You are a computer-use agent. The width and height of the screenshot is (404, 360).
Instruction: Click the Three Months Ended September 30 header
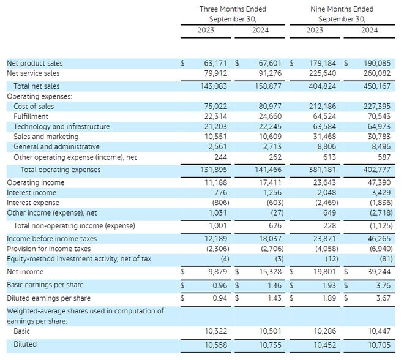click(x=233, y=14)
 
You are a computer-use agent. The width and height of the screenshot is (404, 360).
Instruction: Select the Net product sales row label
click(x=34, y=63)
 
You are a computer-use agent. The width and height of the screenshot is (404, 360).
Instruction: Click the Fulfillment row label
click(x=31, y=116)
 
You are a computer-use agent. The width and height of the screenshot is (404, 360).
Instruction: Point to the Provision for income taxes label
click(x=48, y=249)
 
